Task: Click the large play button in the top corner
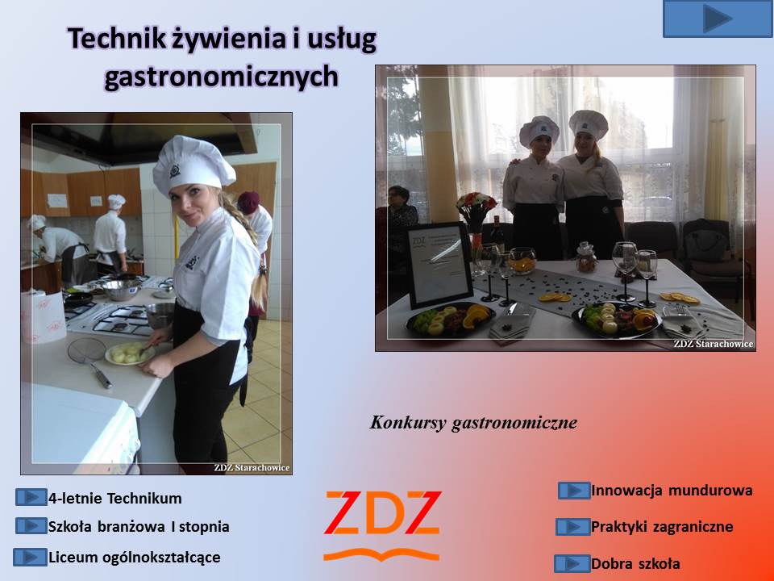click(718, 19)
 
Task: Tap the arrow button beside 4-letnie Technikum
click(31, 497)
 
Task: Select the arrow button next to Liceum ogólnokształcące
click(30, 558)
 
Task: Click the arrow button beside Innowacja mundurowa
click(574, 491)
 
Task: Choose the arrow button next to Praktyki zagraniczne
click(572, 527)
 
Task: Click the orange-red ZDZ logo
click(382, 525)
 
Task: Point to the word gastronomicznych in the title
click(221, 77)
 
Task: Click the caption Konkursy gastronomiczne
click(473, 422)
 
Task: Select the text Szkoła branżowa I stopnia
click(139, 527)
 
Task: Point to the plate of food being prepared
click(129, 353)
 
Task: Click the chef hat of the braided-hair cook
click(193, 165)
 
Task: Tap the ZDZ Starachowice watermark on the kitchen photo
click(252, 467)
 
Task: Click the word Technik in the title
click(116, 39)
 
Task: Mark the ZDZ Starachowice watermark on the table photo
click(714, 344)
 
